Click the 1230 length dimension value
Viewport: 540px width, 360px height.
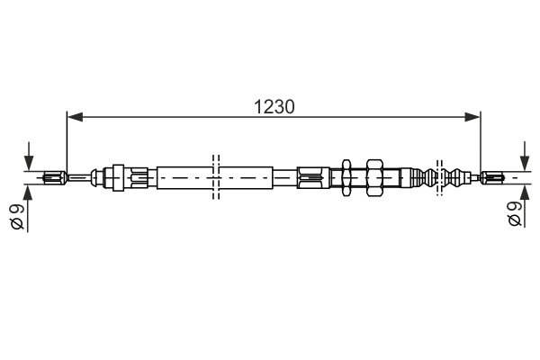pos(274,107)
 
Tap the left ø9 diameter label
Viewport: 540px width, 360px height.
pos(17,216)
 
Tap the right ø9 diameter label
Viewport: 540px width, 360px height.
pos(515,213)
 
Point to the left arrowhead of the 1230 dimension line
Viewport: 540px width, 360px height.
pos(75,117)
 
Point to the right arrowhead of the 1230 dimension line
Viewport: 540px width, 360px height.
pos(472,117)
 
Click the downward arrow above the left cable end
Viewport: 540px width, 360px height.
pos(29,156)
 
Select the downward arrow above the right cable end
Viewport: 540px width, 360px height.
pos(525,156)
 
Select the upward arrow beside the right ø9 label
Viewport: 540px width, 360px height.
pos(525,206)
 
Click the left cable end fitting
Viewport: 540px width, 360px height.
pos(54,178)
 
